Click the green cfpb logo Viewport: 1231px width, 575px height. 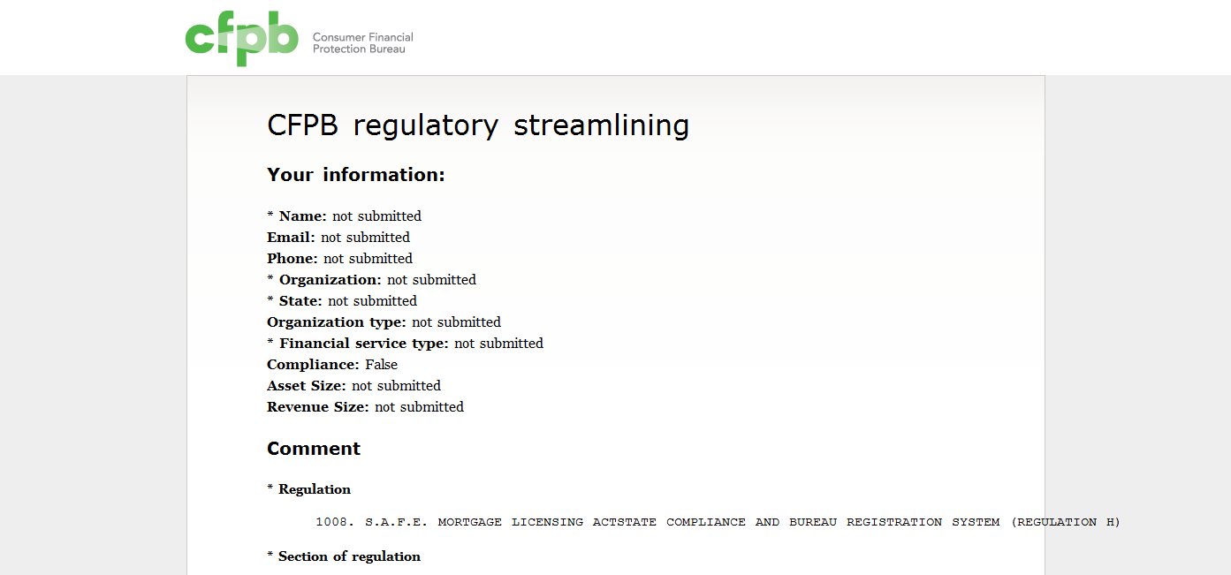[242, 39]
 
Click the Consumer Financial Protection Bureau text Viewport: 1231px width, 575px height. [362, 42]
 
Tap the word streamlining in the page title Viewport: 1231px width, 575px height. [601, 125]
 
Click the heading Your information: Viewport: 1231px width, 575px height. [355, 175]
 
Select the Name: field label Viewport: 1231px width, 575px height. [303, 216]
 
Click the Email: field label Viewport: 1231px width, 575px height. [291, 238]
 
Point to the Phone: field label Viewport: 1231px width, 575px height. [293, 258]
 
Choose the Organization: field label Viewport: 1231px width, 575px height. [331, 279]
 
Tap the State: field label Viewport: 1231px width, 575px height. [300, 301]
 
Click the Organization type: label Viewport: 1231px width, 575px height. [337, 322]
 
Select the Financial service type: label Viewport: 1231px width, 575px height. [364, 344]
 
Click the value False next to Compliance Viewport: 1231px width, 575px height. [382, 364]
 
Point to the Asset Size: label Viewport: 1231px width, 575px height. [307, 385]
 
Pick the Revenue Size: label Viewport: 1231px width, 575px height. [318, 407]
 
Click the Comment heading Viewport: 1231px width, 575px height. [314, 449]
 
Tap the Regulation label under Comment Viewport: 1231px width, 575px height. [315, 489]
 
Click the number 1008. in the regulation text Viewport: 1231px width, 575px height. [335, 522]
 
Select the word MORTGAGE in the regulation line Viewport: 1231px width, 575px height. [470, 522]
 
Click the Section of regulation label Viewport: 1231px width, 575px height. [350, 556]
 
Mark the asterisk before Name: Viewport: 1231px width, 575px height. [270, 214]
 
